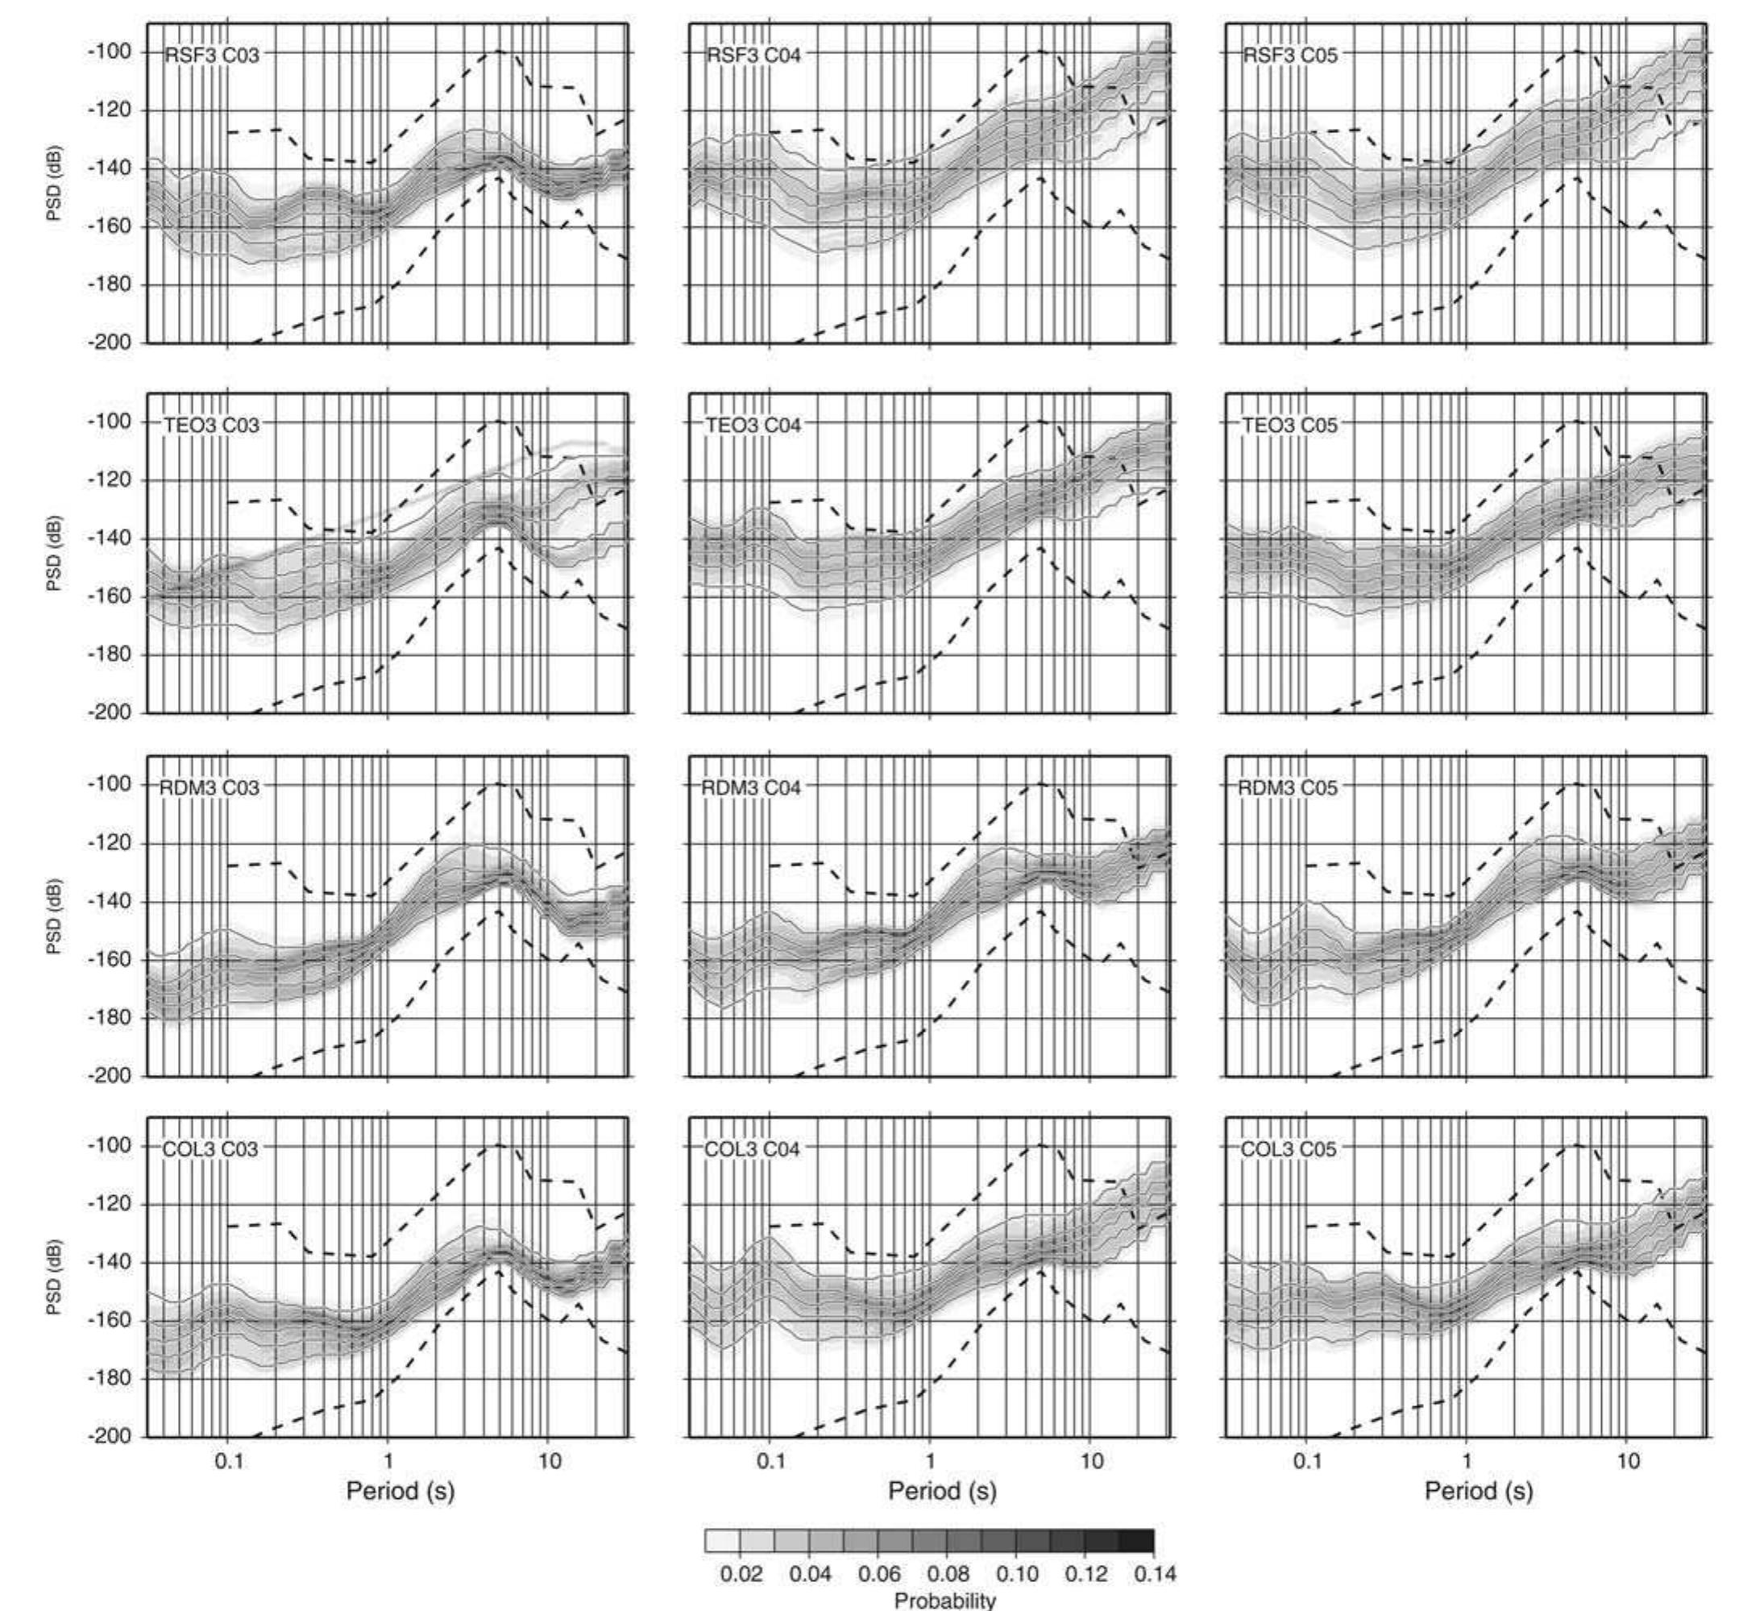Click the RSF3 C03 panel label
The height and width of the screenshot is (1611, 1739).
212,55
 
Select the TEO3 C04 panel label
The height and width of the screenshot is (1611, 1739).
753,426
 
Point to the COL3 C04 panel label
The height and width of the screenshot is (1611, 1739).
751,1149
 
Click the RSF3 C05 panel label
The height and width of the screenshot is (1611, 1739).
1289,55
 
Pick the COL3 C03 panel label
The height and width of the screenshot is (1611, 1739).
210,1149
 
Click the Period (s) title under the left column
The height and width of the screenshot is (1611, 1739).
401,1490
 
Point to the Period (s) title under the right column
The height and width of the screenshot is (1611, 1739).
1479,1490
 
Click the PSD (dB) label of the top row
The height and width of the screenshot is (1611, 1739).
54,183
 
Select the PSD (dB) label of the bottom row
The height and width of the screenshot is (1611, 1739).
54,1277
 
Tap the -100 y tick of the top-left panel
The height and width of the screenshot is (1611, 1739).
110,52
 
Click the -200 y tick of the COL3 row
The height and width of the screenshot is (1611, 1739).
110,1436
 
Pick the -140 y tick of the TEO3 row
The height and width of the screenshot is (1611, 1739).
110,538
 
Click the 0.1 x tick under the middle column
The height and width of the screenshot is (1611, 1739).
770,1460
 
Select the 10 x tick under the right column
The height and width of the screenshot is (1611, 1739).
1628,1460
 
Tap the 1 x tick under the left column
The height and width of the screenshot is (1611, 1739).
388,1460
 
